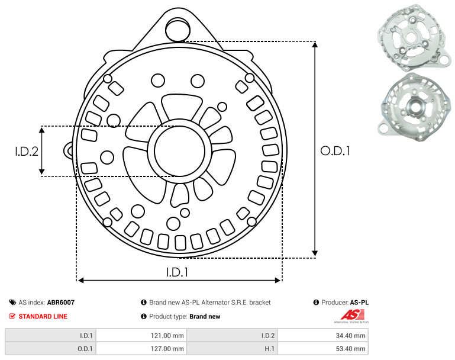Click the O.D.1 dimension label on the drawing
pos(335,151)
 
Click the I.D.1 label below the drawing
pos(177,272)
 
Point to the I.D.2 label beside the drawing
pos(27,151)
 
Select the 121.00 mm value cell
pos(141,336)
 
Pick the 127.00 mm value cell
pos(141,348)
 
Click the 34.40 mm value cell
pos(323,336)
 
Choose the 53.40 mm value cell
pos(323,348)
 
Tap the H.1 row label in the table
pos(269,349)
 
